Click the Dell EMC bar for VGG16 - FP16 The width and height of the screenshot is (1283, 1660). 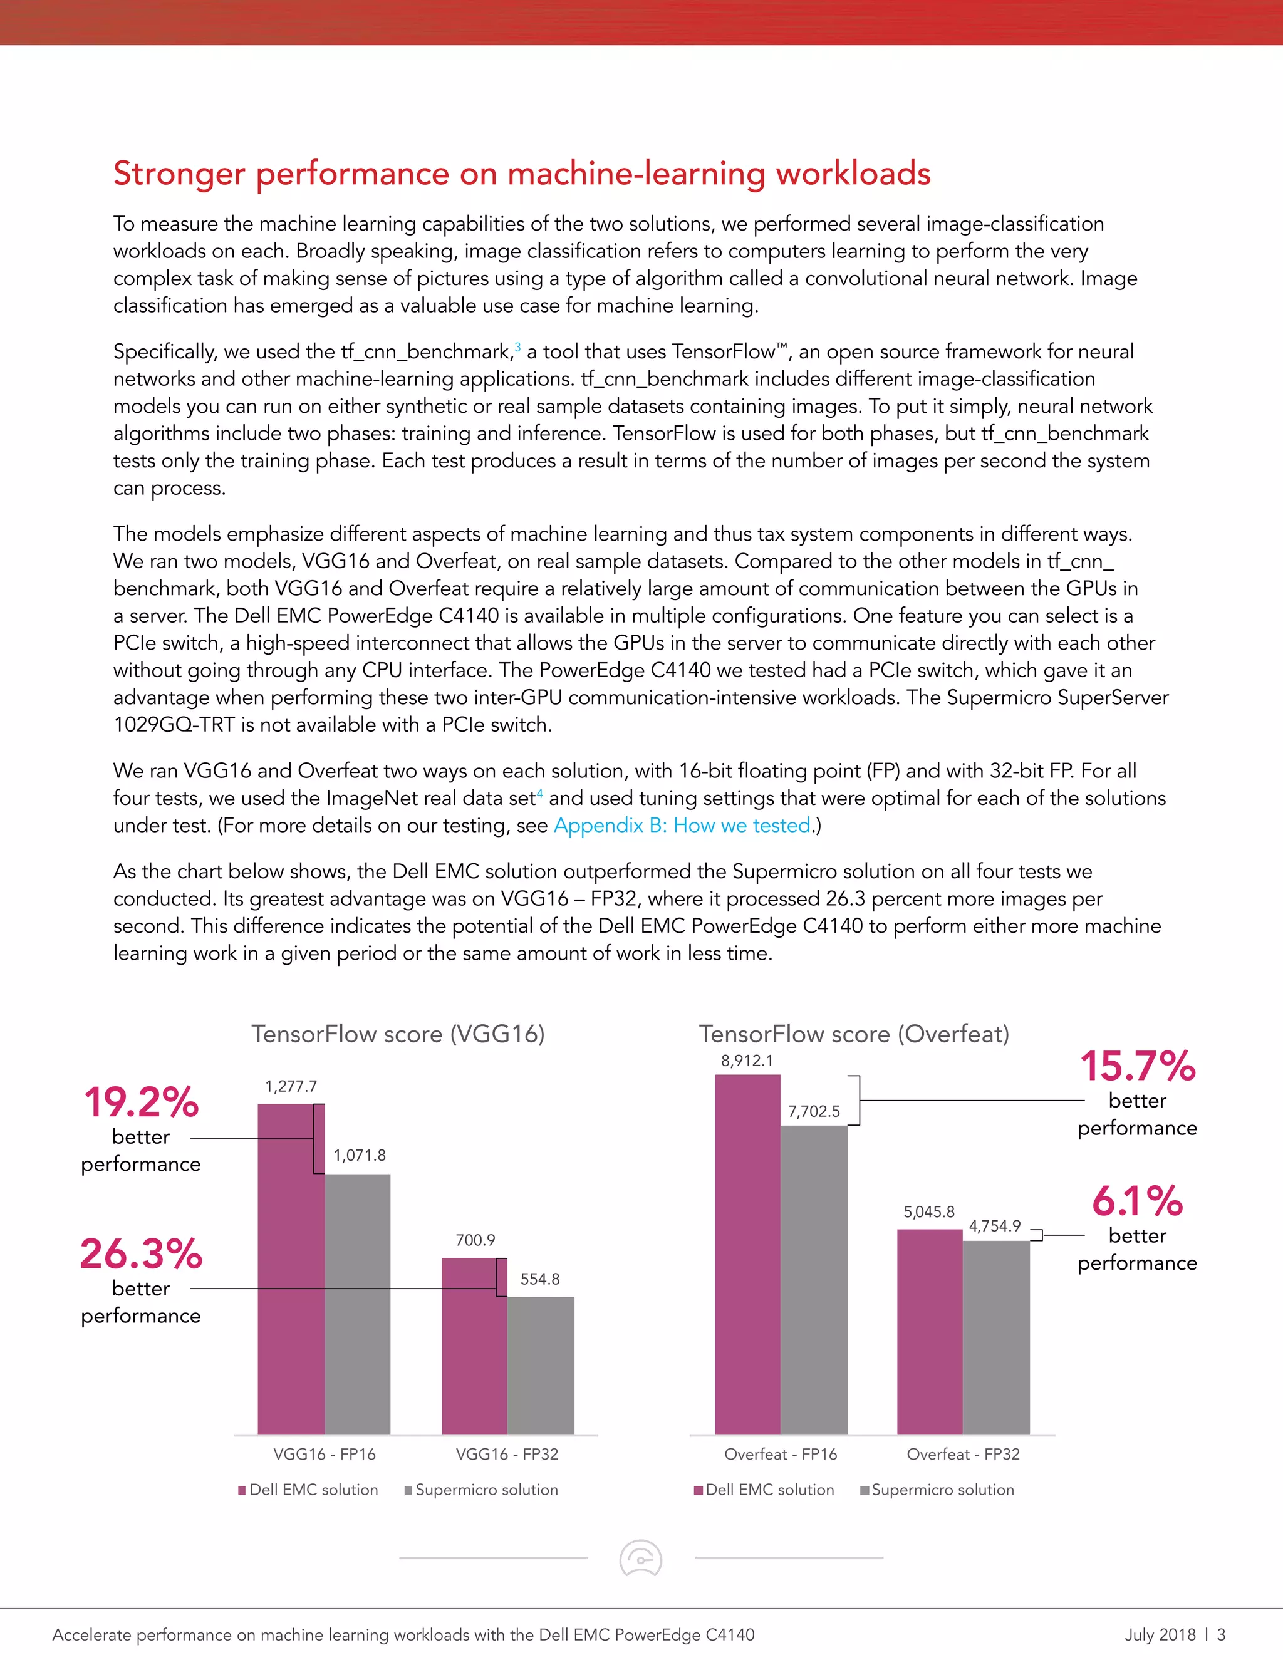[291, 1269]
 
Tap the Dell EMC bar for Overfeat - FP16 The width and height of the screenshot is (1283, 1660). [747, 1254]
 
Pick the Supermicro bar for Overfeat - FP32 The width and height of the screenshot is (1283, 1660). [995, 1338]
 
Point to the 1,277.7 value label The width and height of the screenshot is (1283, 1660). [291, 1086]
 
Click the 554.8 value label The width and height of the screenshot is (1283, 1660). [539, 1279]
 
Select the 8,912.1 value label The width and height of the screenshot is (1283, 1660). [747, 1061]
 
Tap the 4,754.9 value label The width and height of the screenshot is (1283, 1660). [994, 1226]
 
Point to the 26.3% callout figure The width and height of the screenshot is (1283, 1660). [142, 1254]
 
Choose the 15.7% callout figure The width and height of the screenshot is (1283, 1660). [1138, 1066]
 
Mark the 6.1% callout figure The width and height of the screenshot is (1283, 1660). [1138, 1201]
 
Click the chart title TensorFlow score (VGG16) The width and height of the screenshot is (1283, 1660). [398, 1034]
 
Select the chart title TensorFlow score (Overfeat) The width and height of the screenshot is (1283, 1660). [854, 1034]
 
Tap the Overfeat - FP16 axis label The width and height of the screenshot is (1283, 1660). [781, 1454]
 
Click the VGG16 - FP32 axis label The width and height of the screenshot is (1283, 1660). [507, 1454]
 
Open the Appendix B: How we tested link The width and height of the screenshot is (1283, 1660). [682, 826]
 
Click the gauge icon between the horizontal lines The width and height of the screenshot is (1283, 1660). [641, 1558]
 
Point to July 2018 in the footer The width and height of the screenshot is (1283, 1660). [1160, 1634]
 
